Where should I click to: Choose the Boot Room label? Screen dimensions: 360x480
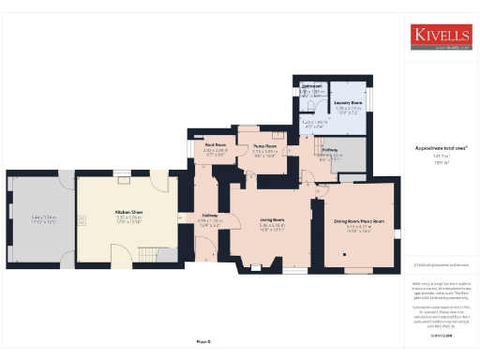[216, 145]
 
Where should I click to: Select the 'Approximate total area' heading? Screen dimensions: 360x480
[441, 148]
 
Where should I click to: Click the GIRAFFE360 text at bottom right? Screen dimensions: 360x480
[441, 335]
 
